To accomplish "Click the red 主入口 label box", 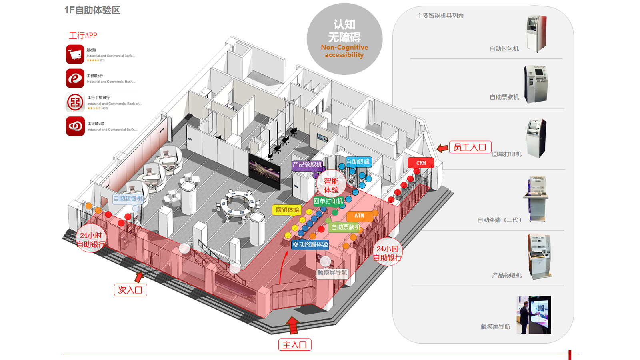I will coord(295,345).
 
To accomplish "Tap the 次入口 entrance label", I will coord(130,290).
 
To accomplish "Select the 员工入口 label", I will coord(470,147).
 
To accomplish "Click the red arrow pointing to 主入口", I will coord(293,325).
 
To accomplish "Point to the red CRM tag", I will coord(421,163).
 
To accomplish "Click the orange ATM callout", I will coord(359,216).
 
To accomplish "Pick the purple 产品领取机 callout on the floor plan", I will coord(307,165).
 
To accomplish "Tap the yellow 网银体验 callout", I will coord(287,210).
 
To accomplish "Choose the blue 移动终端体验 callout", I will coord(310,244).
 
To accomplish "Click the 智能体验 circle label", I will coord(331,185).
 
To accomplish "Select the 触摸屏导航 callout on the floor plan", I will coord(332,273).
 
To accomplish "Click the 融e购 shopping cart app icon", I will coord(75,54).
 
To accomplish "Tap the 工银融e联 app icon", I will coord(75,126).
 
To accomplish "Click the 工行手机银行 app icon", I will coord(75,102).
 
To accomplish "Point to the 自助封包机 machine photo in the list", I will coord(536,34).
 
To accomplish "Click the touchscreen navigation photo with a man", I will coord(534,315).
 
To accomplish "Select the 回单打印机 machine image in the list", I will coord(536,138).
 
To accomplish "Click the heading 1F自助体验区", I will coord(92,10).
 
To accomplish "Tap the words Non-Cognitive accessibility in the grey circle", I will coord(344,51).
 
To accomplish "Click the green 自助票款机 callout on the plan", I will coord(346,227).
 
